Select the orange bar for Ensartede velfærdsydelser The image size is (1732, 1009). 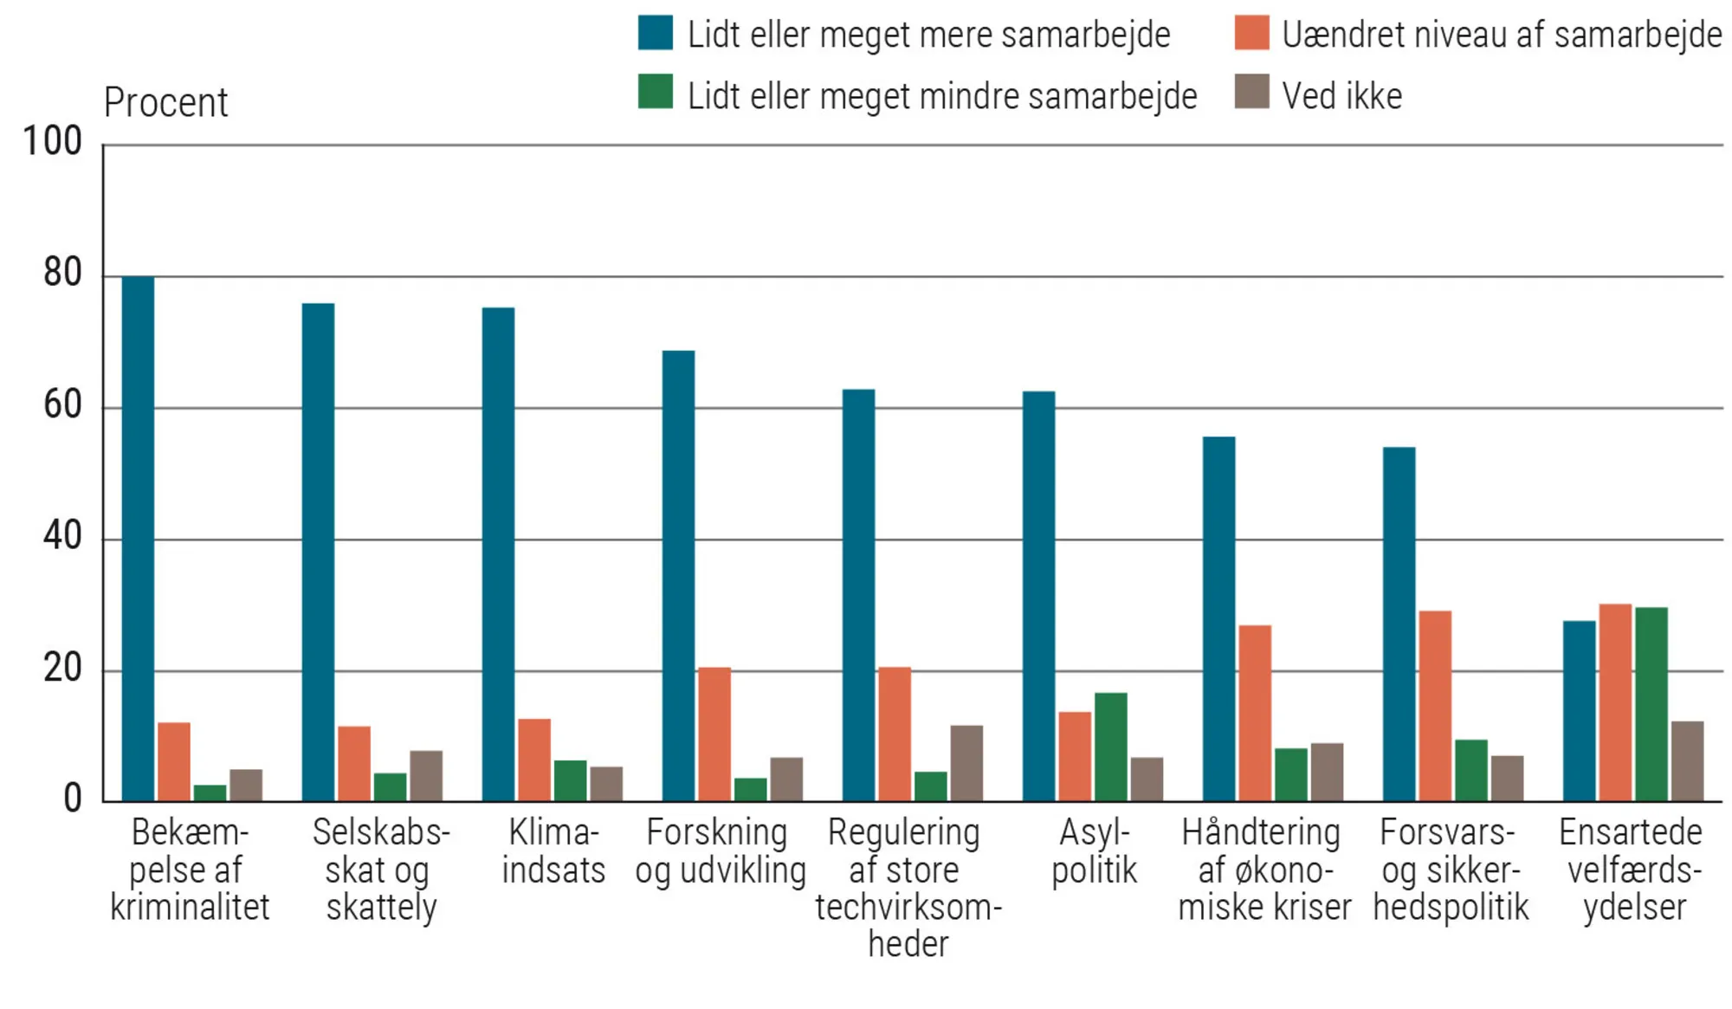[x=1615, y=702]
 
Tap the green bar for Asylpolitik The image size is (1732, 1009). [x=1111, y=747]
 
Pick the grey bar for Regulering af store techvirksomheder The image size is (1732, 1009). [x=966, y=763]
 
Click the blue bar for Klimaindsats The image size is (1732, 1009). [x=498, y=554]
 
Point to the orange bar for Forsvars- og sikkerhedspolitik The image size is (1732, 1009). [x=1435, y=706]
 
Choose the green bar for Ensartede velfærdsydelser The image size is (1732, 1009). [x=1651, y=704]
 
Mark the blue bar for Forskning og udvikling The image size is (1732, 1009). [x=678, y=576]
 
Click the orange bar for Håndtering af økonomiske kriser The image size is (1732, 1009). [x=1255, y=713]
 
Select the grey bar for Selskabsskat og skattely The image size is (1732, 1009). [x=426, y=776]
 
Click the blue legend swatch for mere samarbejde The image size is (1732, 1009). [x=656, y=33]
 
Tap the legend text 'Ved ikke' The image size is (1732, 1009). [x=1341, y=96]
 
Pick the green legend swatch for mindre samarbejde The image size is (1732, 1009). [x=656, y=92]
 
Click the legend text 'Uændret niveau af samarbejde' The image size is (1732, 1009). [x=1502, y=36]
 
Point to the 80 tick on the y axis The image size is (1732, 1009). [x=62, y=274]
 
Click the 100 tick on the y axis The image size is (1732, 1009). [x=52, y=141]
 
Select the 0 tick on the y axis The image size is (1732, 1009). [x=73, y=799]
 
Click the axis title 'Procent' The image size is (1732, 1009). [x=165, y=103]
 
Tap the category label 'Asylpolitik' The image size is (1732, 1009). [x=1095, y=851]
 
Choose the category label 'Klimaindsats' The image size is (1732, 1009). [x=553, y=851]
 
